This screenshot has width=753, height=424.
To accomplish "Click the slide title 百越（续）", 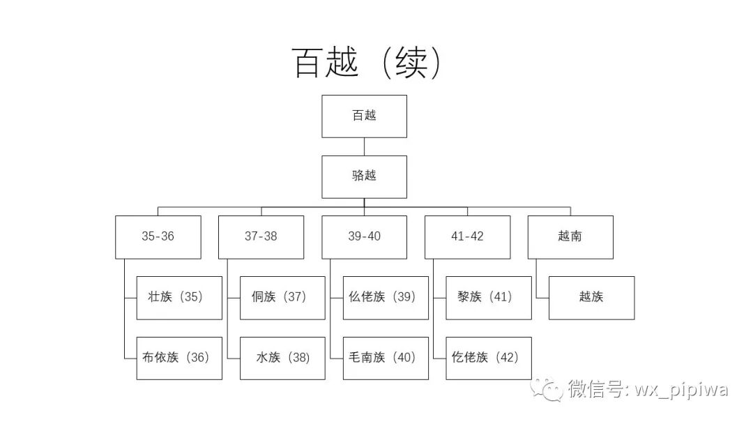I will tap(367, 63).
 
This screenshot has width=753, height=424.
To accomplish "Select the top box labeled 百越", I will tap(364, 116).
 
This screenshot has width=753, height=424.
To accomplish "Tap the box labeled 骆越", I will tap(364, 176).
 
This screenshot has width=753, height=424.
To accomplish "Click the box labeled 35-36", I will tap(158, 237).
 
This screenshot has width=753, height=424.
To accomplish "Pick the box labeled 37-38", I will tap(261, 237).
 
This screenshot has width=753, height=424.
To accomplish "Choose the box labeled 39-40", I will tap(364, 237).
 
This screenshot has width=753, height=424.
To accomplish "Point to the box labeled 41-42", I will tap(467, 237).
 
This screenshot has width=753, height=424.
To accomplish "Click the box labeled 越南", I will tap(570, 237).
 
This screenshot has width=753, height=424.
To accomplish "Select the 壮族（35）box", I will tap(179, 298).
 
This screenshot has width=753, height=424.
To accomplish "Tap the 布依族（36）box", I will tap(179, 358).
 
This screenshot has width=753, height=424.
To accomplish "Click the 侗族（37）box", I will tap(282, 298).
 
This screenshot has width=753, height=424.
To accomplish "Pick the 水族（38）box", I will tap(282, 358).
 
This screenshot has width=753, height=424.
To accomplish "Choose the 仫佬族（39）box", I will tap(386, 298).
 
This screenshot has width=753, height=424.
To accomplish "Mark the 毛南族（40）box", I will tap(386, 358).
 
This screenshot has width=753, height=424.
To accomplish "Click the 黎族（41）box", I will tap(489, 298).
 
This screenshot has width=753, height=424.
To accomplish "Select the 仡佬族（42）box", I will tap(489, 358).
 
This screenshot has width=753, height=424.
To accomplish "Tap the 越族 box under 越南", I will tap(591, 298).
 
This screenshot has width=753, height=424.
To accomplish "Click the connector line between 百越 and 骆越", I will tap(364, 146).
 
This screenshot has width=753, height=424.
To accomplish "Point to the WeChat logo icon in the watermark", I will tap(547, 389).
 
